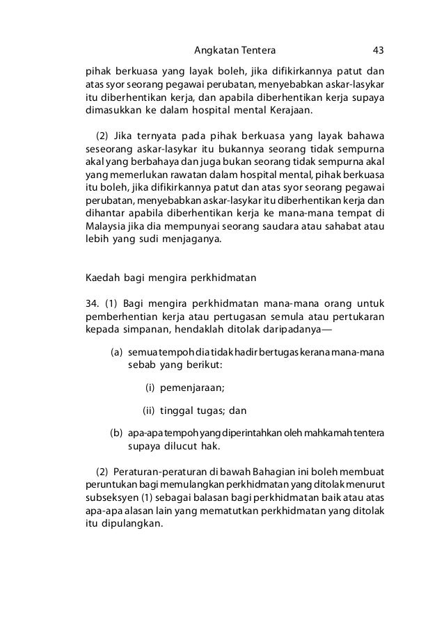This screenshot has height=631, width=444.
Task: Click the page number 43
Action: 379,50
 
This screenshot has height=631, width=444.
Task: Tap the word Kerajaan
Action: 289,109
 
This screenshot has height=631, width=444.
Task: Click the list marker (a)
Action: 117,352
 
